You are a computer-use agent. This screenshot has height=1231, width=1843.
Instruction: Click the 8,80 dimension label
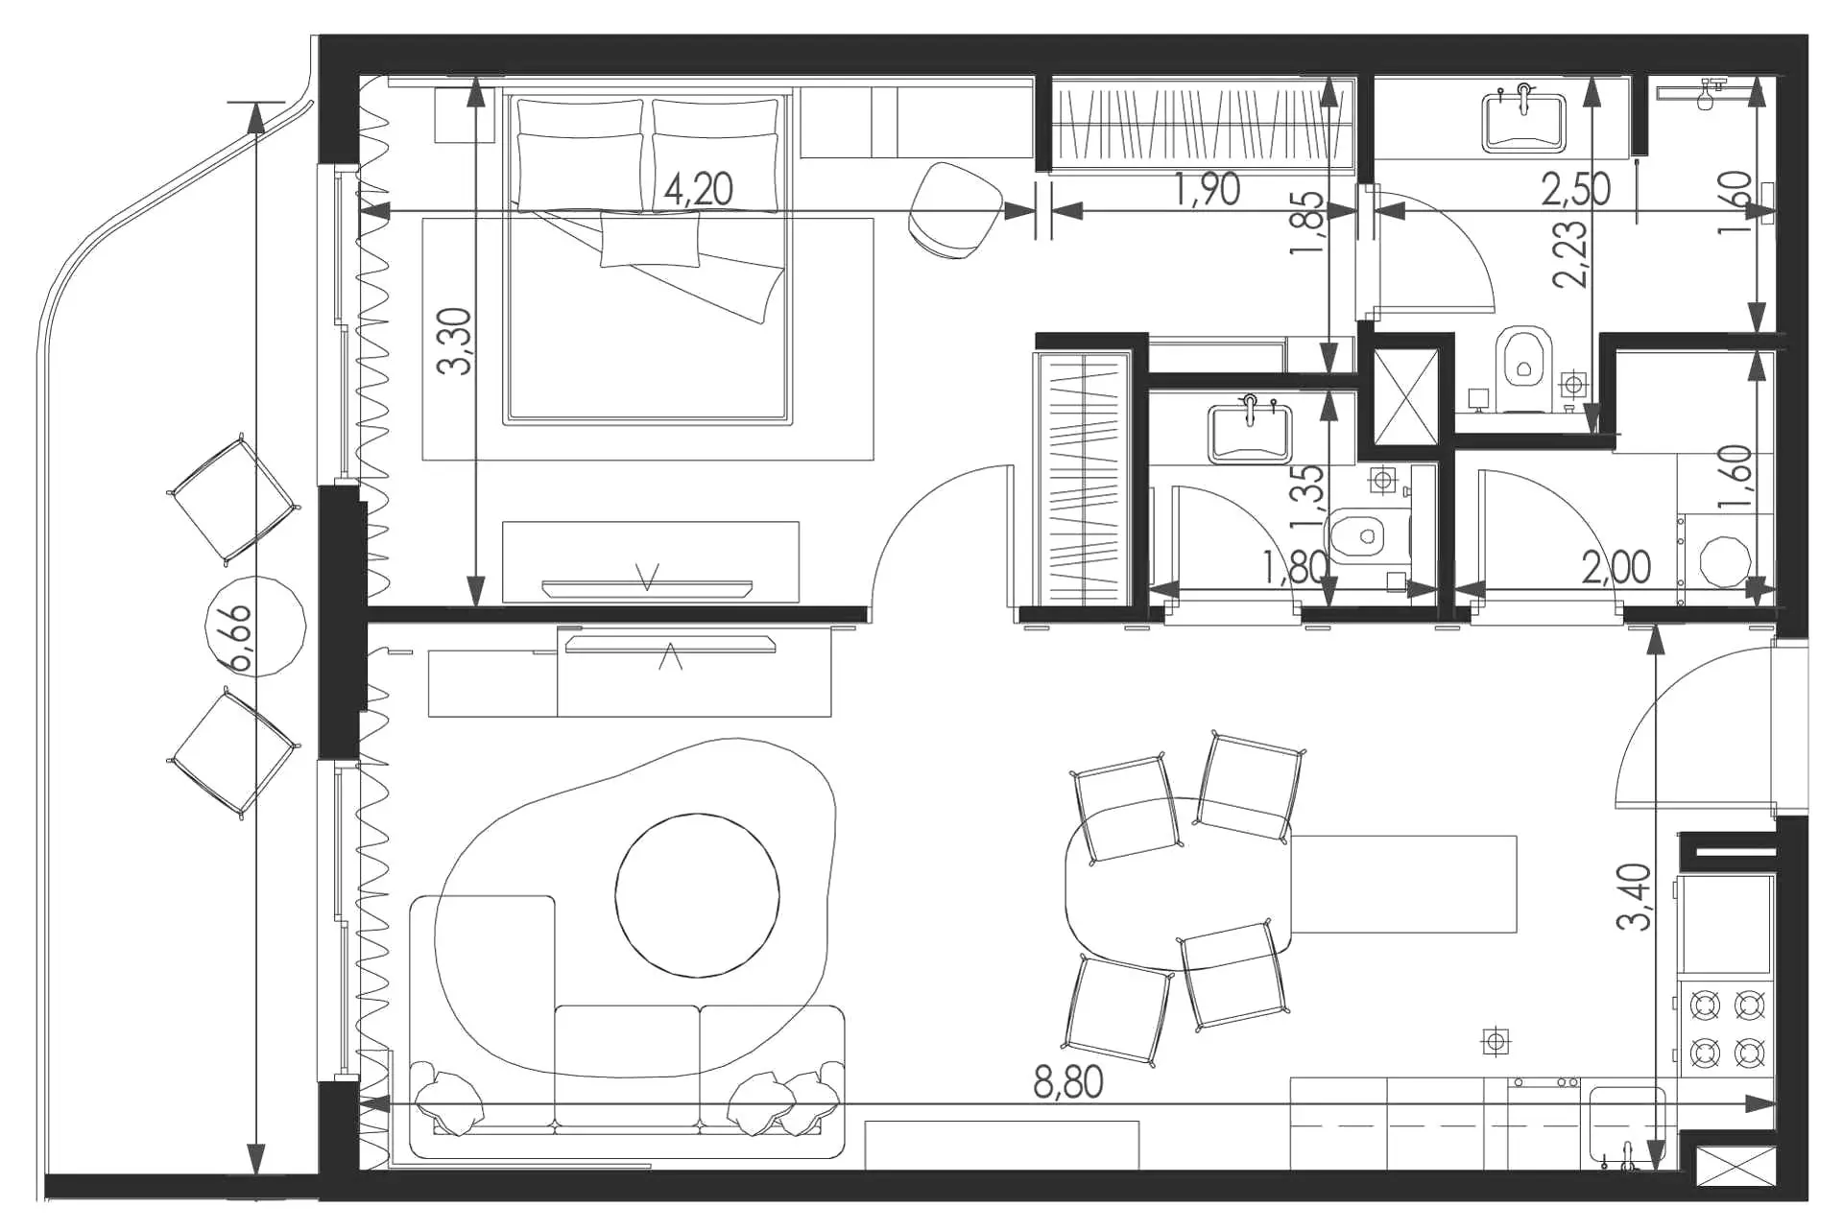(1067, 1082)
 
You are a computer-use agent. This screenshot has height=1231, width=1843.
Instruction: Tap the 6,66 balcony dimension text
(239, 638)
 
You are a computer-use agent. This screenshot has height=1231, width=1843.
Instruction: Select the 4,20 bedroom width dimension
(699, 190)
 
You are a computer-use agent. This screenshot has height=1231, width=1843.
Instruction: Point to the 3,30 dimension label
(455, 341)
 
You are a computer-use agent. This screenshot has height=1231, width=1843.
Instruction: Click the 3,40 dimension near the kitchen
(1635, 896)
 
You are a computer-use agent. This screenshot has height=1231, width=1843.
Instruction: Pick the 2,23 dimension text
(1570, 254)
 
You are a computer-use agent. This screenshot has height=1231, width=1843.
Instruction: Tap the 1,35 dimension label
(1307, 497)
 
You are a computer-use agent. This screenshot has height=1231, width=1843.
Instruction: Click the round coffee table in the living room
(697, 895)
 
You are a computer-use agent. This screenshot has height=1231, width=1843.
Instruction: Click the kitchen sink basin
(1627, 1124)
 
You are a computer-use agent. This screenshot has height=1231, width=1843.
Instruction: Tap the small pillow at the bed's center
(650, 240)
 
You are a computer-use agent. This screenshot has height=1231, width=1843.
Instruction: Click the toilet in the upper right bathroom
(1524, 358)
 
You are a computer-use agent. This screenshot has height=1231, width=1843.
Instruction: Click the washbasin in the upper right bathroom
(1523, 121)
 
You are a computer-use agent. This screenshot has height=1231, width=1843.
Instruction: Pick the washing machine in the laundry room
(1725, 561)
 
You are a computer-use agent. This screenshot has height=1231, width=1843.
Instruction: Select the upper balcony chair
(232, 499)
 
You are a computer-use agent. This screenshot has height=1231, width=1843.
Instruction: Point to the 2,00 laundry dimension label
(1616, 568)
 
